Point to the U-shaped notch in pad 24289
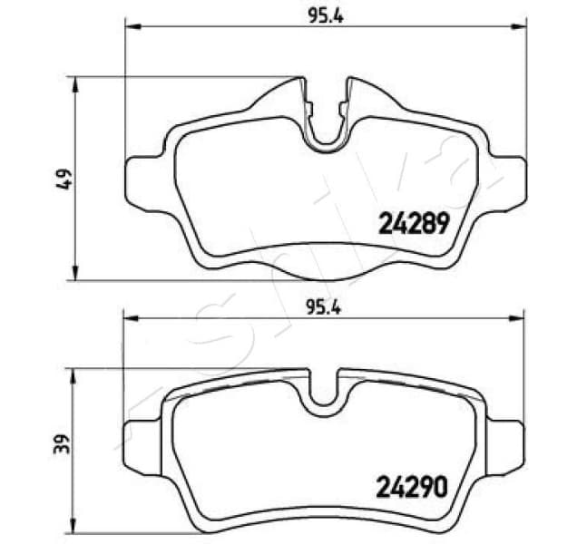pos(326,127)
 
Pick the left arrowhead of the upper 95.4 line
pos(130,28)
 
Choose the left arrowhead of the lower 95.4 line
pos(130,318)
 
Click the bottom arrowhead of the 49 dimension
pos(78,274)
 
